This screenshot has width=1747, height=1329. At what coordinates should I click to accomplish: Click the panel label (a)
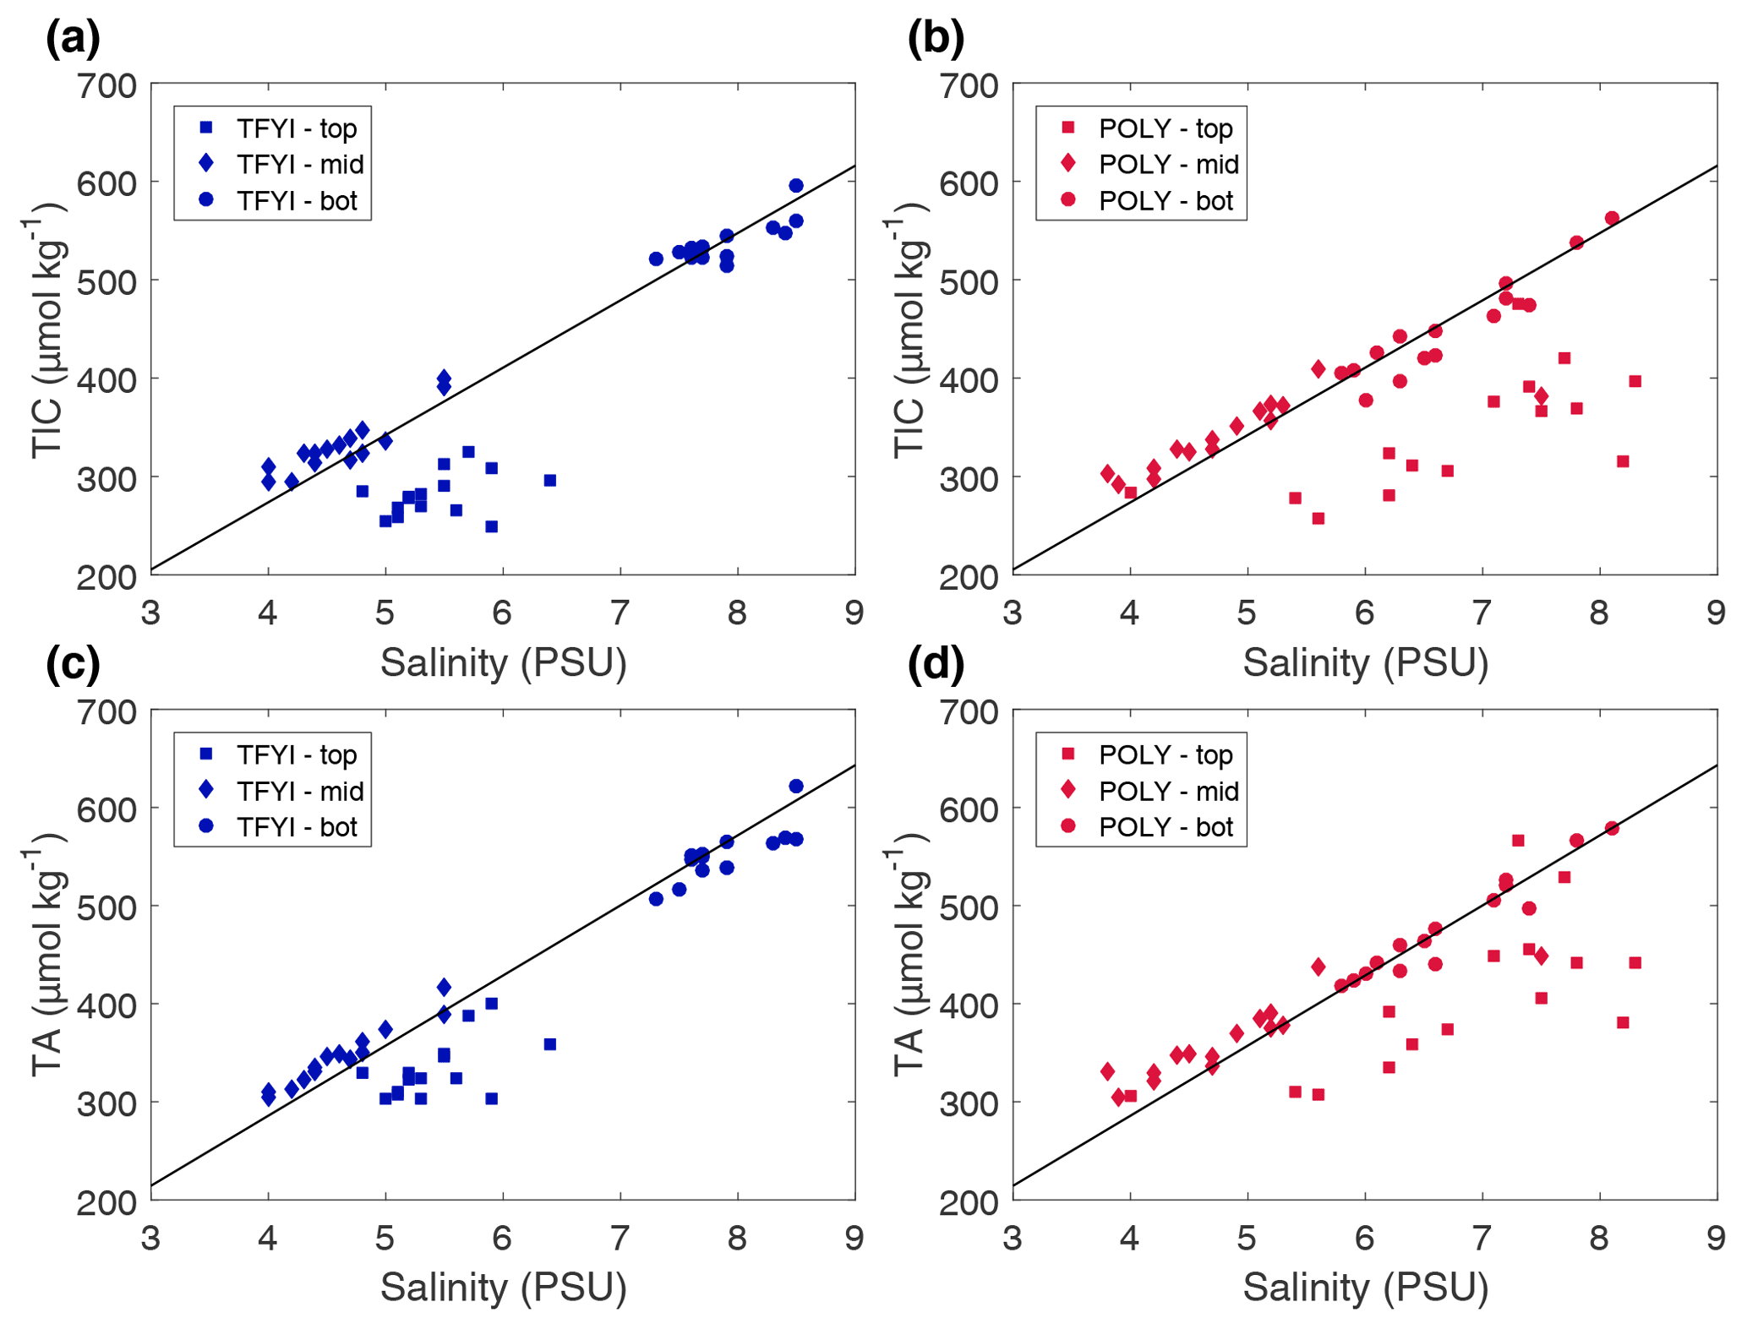[x=73, y=39]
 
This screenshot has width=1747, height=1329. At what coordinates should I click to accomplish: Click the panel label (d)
[x=936, y=664]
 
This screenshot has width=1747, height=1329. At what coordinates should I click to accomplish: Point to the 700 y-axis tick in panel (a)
[x=106, y=85]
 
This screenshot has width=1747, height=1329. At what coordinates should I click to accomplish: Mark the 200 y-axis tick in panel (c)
[x=106, y=1201]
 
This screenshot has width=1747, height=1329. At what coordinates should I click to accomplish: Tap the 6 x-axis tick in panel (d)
[x=1364, y=1239]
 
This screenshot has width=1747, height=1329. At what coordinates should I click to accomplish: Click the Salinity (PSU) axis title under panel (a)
[x=503, y=663]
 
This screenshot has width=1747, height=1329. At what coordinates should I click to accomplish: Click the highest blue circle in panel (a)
[x=796, y=186]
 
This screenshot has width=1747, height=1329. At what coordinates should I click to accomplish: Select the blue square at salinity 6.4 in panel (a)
[x=550, y=481]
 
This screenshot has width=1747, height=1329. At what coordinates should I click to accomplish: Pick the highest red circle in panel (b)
[x=1612, y=219]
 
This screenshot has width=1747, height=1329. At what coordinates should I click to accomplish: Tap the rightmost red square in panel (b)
[x=1635, y=382]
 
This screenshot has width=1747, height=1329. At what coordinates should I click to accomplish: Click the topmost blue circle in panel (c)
[x=796, y=787]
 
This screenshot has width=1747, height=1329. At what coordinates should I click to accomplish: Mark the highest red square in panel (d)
[x=1518, y=841]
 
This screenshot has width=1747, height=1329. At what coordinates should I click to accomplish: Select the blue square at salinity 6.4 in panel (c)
[x=550, y=1044]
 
